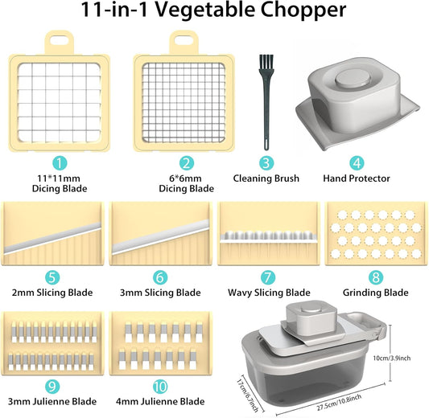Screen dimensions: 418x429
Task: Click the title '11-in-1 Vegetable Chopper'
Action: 214,14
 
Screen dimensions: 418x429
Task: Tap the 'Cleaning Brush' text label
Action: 266,178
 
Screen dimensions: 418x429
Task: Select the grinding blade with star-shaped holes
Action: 375,234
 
